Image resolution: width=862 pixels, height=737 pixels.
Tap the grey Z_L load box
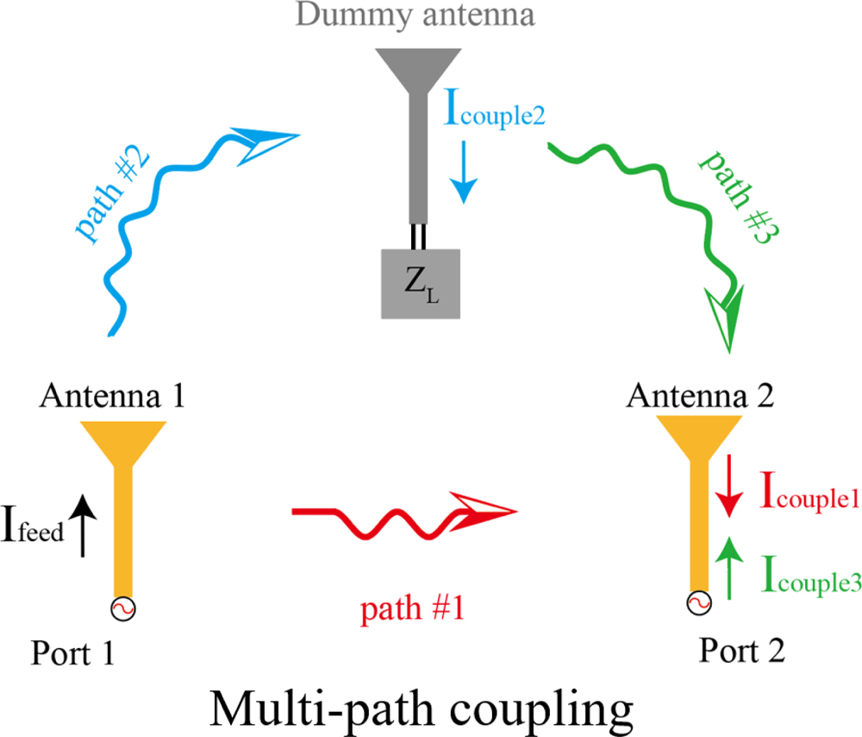422,281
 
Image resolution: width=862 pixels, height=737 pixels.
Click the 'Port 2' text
741,649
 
